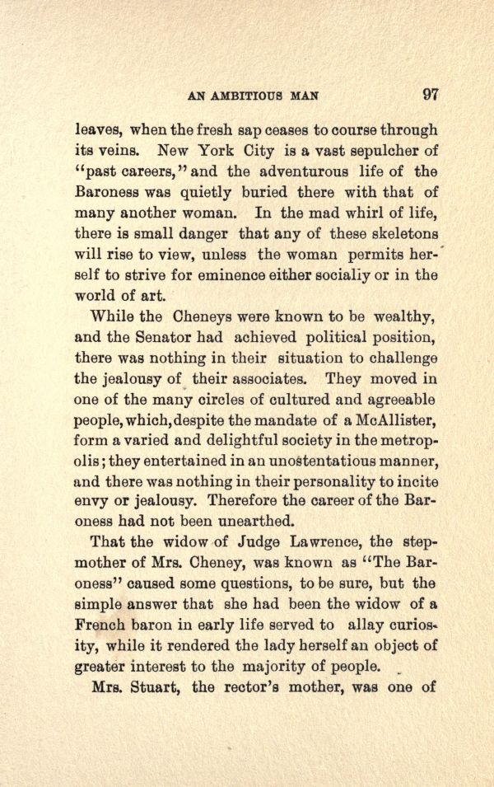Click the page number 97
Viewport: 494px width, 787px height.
click(430, 94)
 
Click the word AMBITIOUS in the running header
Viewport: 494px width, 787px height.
click(249, 96)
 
